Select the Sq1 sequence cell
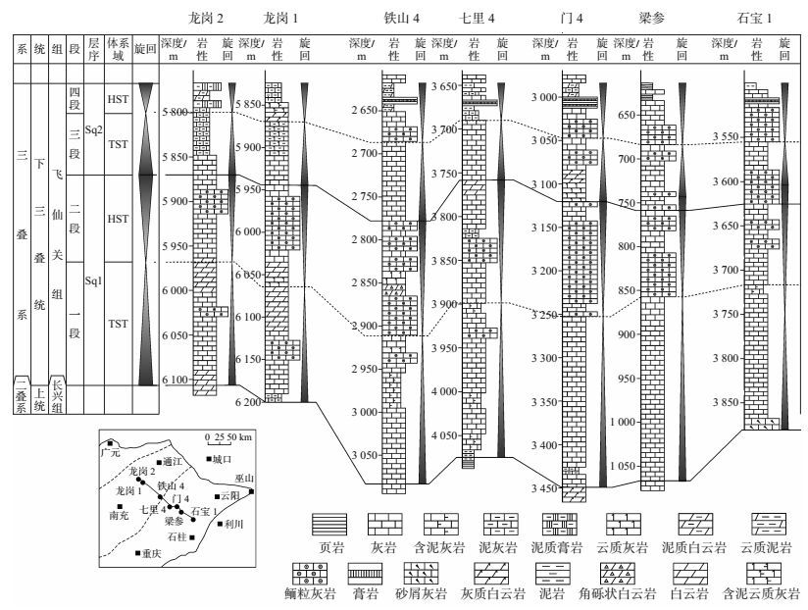93,280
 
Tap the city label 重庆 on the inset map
148,554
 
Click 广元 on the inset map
110,452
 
